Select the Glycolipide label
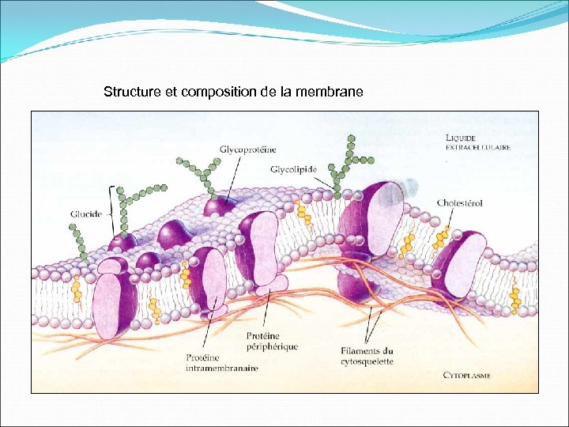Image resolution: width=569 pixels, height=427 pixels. pyautogui.click(x=293, y=169)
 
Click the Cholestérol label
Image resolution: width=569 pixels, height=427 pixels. pyautogui.click(x=460, y=204)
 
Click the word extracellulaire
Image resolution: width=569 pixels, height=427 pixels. pyautogui.click(x=477, y=147)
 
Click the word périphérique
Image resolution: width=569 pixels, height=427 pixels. pyautogui.click(x=272, y=347)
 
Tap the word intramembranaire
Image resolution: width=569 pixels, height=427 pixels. pyautogui.click(x=221, y=368)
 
